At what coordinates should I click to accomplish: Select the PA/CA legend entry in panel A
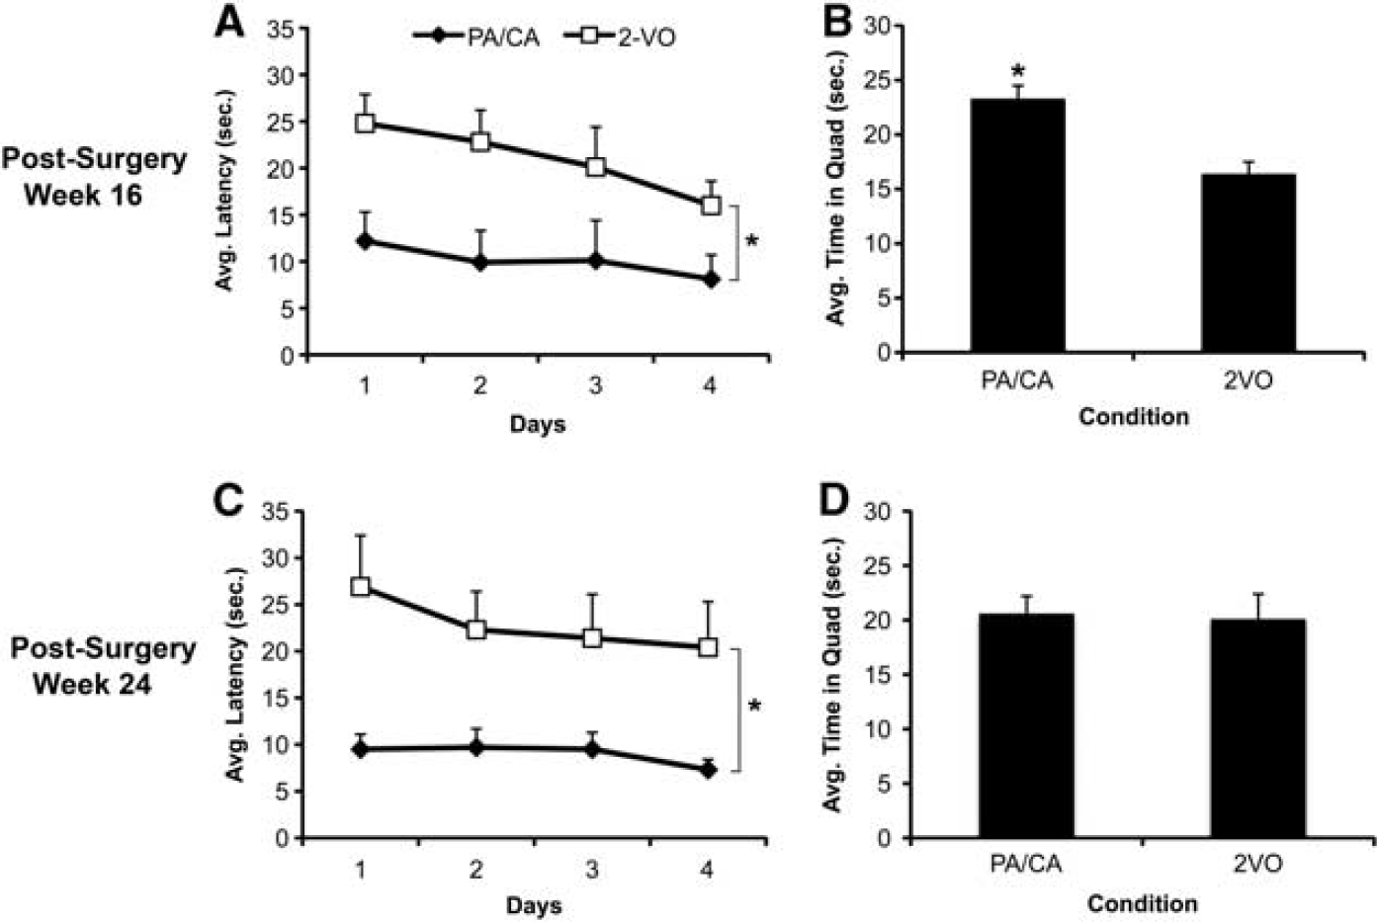(x=477, y=38)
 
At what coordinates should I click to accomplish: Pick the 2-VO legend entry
(x=620, y=38)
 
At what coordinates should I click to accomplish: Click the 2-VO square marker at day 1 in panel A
(x=365, y=123)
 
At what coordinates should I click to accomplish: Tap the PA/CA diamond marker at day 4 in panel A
(x=712, y=280)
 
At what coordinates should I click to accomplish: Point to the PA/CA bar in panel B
(x=1017, y=225)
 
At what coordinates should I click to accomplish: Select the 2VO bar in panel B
(x=1248, y=263)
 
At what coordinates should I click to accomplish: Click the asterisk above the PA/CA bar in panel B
(x=1017, y=69)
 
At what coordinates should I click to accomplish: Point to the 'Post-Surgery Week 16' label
(x=94, y=177)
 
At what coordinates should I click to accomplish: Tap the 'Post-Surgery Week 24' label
(x=103, y=666)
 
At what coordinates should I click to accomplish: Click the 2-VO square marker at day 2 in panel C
(x=476, y=629)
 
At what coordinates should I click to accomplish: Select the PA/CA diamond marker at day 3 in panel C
(x=592, y=750)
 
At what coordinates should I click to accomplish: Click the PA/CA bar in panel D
(x=1026, y=725)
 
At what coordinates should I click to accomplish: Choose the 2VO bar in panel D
(x=1257, y=728)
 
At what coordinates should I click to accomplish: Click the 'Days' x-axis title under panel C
(x=534, y=905)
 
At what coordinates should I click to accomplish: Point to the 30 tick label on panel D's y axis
(x=882, y=512)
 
